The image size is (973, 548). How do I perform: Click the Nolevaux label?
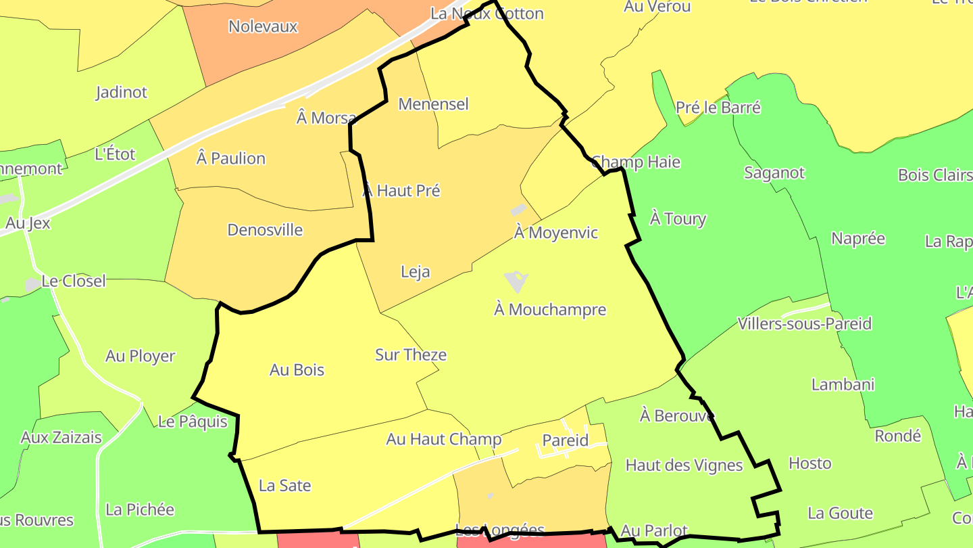point(263,26)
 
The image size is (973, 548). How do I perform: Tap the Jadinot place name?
point(122,92)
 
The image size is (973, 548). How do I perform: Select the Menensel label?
point(433,104)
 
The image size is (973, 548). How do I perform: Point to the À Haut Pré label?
point(401,191)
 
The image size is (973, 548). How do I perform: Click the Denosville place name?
point(265,230)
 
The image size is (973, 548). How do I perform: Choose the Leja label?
point(415,272)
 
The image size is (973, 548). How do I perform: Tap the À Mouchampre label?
point(550,310)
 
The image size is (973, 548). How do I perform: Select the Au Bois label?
point(297,370)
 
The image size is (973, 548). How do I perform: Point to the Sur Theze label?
point(411,355)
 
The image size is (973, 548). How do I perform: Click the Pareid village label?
point(566,440)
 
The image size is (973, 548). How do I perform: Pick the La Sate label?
point(284,486)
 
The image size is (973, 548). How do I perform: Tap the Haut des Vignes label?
point(684,465)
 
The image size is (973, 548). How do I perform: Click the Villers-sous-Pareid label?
point(805,323)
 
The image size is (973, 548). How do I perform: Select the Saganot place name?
point(774,173)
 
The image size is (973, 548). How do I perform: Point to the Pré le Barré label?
point(718,108)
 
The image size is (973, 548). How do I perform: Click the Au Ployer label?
point(140,356)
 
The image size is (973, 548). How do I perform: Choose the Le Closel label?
point(74,281)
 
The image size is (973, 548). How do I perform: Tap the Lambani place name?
point(843,385)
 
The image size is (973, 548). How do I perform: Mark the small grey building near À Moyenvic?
point(519,210)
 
